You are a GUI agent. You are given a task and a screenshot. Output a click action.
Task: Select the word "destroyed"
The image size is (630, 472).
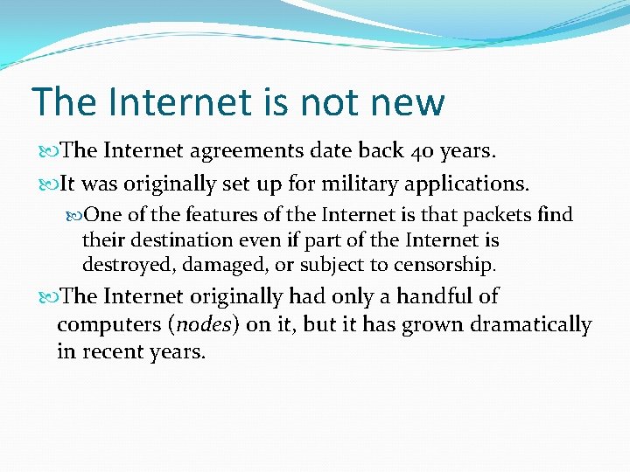click(x=123, y=264)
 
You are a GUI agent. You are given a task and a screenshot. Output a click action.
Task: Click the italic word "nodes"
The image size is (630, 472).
click(x=203, y=325)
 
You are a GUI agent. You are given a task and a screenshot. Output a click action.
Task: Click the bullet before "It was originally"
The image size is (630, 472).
click(x=48, y=185)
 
